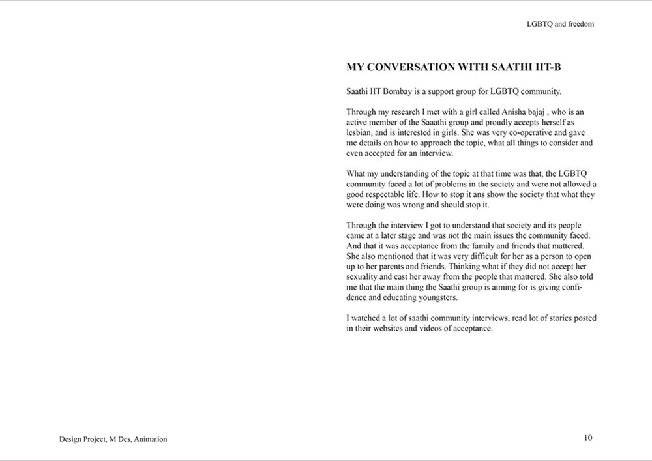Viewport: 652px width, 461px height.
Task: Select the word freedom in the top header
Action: (580, 24)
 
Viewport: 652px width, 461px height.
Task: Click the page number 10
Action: (588, 438)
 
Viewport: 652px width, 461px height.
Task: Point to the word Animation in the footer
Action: (150, 439)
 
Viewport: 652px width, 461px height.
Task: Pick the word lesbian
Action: (359, 133)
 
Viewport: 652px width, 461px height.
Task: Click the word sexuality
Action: (363, 277)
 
